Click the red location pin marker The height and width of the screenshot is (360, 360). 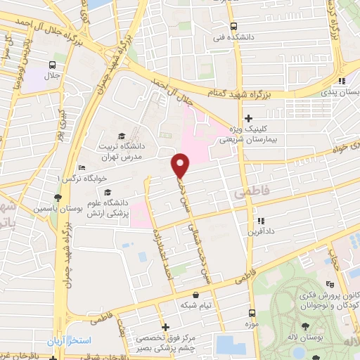click(x=181, y=165)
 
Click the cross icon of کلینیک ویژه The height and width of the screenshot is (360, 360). click(x=247, y=118)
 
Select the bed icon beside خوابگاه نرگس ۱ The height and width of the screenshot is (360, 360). click(x=82, y=168)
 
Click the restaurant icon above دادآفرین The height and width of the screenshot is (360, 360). click(x=259, y=220)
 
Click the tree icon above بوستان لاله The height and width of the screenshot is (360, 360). click(x=304, y=326)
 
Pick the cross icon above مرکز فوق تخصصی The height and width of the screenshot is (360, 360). click(x=165, y=327)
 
